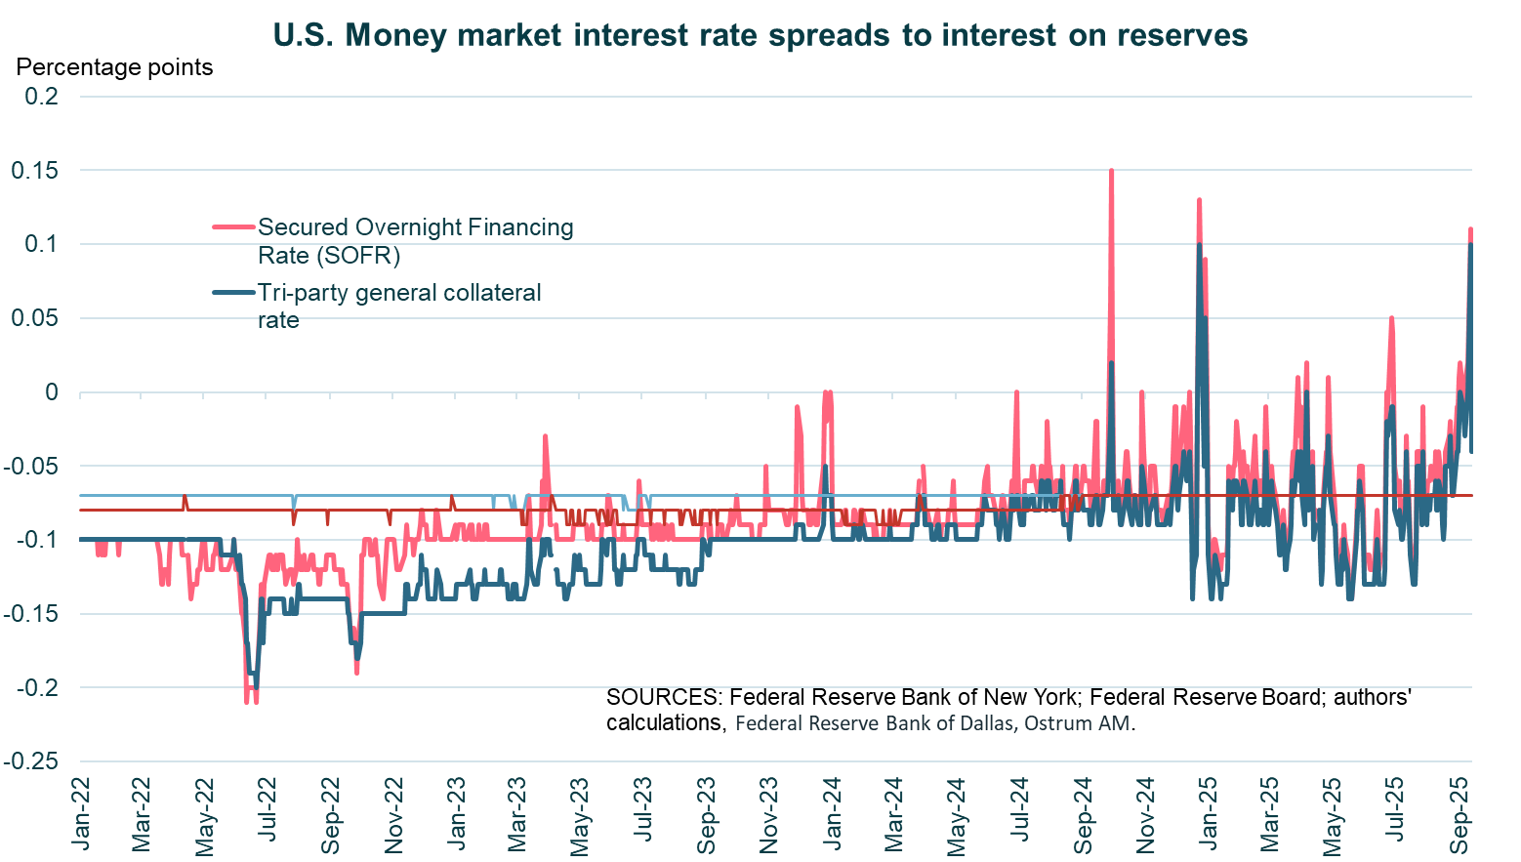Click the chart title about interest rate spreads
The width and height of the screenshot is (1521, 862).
click(760, 35)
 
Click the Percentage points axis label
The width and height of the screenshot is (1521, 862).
click(114, 67)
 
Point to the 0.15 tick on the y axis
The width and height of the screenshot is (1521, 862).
click(34, 171)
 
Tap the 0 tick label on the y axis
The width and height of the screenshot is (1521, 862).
click(50, 392)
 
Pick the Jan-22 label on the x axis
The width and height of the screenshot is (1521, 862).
click(81, 813)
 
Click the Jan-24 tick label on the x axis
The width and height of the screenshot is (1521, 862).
click(833, 813)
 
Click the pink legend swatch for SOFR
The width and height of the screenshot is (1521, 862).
click(233, 227)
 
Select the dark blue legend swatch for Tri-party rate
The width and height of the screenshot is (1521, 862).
click(233, 293)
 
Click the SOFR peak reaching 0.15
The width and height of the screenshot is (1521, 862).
click(1111, 172)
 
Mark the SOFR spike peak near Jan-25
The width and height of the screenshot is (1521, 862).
click(1198, 201)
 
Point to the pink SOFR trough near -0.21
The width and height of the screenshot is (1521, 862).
click(247, 700)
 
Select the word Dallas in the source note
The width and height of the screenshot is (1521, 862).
click(983, 723)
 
